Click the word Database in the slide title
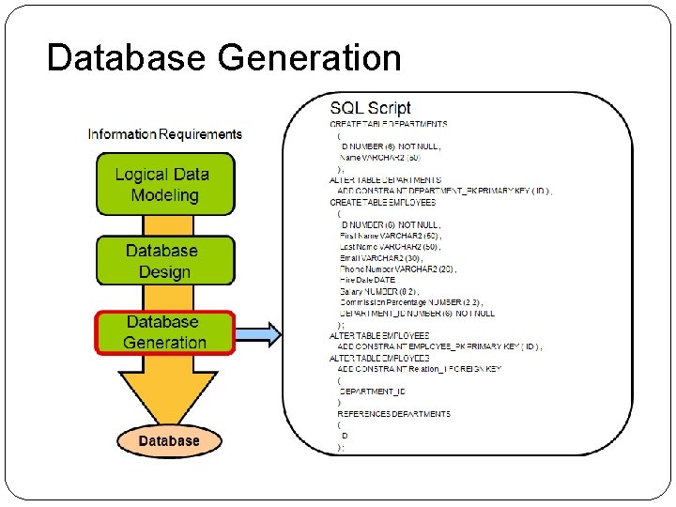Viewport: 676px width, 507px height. click(128, 57)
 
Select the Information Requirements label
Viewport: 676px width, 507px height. click(164, 134)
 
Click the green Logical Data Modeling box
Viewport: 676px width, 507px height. click(164, 184)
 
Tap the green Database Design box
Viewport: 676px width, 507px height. click(164, 261)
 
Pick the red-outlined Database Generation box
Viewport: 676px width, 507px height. click(164, 332)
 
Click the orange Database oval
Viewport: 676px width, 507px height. click(169, 440)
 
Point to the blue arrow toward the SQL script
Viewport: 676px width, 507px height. click(257, 333)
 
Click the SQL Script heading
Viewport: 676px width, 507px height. click(370, 108)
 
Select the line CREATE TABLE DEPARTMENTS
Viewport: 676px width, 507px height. click(388, 124)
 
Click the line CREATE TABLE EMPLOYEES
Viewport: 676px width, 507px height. click(382, 202)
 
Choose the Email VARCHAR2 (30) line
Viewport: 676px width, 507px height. click(382, 257)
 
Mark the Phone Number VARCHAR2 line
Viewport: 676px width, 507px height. click(397, 269)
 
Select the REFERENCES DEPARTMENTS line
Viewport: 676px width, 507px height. click(394, 414)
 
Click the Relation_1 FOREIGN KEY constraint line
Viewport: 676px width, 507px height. click(420, 369)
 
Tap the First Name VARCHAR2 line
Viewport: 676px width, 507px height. click(390, 236)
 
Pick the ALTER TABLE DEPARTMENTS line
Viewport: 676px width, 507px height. click(385, 179)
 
